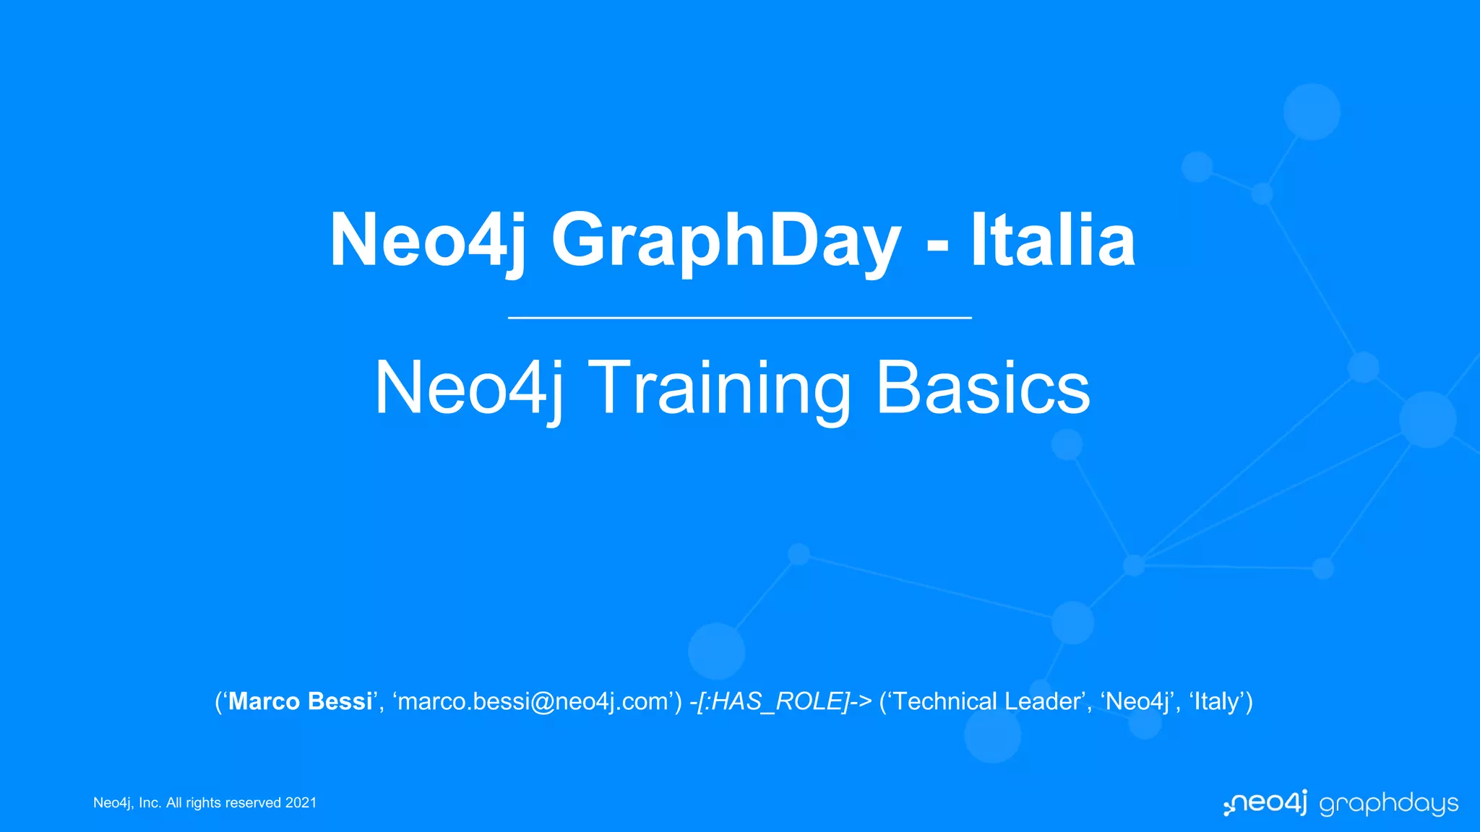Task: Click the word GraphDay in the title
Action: click(726, 240)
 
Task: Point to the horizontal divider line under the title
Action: click(739, 317)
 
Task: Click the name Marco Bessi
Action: click(300, 701)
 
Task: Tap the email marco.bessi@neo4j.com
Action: click(533, 701)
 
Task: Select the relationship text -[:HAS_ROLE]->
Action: click(780, 701)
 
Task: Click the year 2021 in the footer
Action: click(301, 803)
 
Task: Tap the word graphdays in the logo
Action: click(1388, 804)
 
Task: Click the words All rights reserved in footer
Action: click(223, 803)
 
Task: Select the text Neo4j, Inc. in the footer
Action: click(126, 803)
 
